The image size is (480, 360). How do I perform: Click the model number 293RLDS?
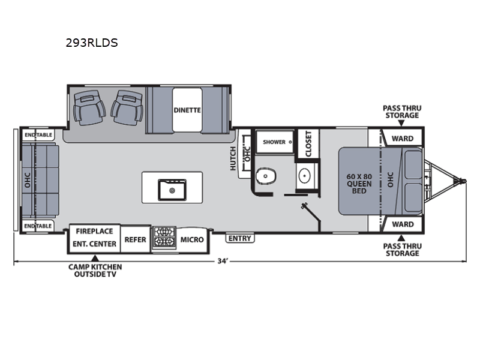click(92, 43)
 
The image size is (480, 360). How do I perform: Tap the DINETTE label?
click(187, 110)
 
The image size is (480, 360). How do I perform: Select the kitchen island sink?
click(172, 190)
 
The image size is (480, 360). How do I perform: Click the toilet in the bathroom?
click(266, 176)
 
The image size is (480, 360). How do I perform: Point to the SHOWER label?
click(274, 142)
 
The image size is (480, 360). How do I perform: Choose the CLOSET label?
click(308, 144)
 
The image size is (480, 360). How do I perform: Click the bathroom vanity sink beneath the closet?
click(304, 176)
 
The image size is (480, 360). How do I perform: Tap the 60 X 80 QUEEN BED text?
click(359, 184)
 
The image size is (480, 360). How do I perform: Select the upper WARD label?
click(403, 139)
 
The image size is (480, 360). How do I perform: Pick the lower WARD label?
click(403, 224)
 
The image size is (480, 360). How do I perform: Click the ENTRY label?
click(239, 238)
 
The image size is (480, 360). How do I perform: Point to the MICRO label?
click(192, 239)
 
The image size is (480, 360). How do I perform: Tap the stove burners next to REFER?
click(164, 237)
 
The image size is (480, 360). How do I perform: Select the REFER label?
click(136, 239)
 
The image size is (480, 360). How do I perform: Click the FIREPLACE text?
click(94, 231)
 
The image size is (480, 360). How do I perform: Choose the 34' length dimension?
click(223, 261)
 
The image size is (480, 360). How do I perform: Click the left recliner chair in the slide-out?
click(89, 107)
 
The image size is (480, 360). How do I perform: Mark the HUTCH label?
click(233, 158)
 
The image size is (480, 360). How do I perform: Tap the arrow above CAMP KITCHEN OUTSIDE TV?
click(95, 258)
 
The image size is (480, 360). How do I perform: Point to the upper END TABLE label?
click(38, 135)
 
